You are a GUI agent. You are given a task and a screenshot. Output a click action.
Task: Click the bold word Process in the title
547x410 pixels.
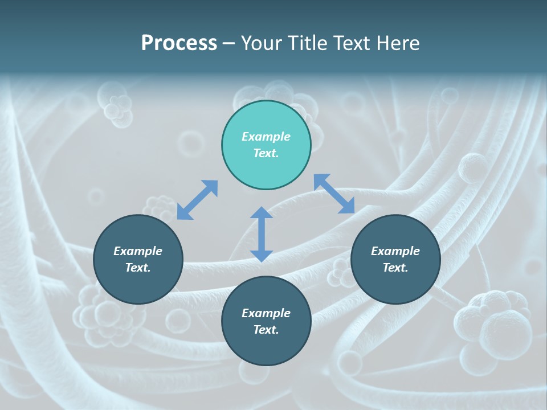click(x=179, y=43)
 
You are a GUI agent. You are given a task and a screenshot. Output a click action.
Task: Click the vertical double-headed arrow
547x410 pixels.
click(x=262, y=234)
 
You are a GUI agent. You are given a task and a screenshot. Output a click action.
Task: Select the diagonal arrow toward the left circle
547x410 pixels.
click(x=197, y=200)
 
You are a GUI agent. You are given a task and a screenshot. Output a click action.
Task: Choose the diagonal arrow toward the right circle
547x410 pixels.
click(x=334, y=194)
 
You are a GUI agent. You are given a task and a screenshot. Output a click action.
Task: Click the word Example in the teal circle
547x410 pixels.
click(x=266, y=137)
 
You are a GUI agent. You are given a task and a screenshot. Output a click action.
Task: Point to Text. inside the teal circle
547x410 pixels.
click(x=266, y=153)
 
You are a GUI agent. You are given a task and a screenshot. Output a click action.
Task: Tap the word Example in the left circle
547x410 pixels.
click(x=138, y=251)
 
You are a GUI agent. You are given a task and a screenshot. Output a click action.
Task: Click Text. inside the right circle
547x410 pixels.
click(x=395, y=268)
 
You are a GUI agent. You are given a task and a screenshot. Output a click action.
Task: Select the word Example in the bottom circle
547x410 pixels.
click(x=266, y=313)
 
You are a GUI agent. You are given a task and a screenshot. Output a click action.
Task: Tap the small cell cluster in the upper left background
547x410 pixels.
click(x=118, y=110)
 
